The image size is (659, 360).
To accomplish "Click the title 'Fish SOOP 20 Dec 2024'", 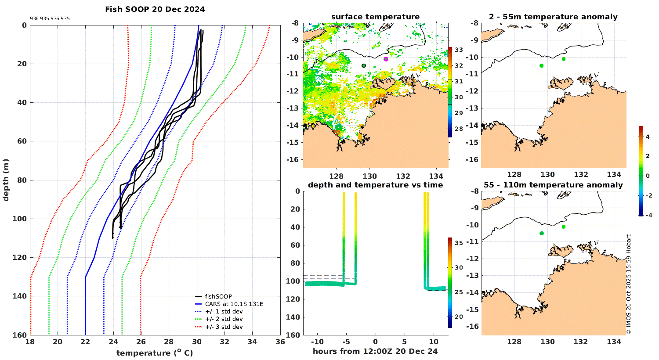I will point(155,9).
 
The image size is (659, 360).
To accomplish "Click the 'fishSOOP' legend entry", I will point(218,297).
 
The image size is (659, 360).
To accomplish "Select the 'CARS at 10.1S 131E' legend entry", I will point(234,304).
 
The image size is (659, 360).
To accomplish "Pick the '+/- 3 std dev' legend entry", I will point(224,327).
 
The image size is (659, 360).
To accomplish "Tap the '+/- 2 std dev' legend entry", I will point(224,319).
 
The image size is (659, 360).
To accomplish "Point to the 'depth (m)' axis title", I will point(6,180).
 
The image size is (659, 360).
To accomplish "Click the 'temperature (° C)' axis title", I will point(155,353).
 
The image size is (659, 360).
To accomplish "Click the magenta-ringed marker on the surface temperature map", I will point(386,59).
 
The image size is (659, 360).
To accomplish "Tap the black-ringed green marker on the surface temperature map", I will point(364,65).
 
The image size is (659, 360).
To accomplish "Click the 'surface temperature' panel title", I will point(375,17).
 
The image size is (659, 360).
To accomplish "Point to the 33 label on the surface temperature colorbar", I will point(459,50).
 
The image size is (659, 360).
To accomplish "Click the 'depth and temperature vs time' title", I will point(375,185).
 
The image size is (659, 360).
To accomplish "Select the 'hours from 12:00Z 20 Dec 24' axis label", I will point(375,351).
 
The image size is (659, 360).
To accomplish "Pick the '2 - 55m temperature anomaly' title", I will point(553,17).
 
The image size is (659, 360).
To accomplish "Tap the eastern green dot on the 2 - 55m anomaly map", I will point(564,59).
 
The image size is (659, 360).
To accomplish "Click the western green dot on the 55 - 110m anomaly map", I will point(542,233).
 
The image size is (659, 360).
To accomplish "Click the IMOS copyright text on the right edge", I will point(629,284).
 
